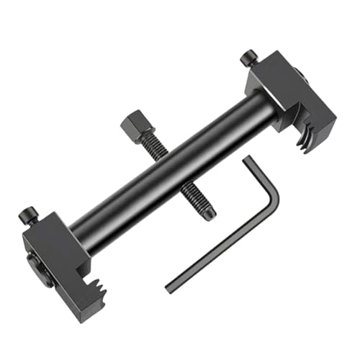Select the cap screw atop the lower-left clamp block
point(29,213)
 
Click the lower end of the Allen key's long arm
point(170,287)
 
